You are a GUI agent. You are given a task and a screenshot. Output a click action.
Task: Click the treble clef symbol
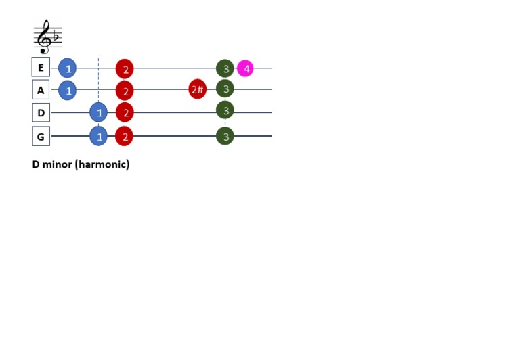[45, 37]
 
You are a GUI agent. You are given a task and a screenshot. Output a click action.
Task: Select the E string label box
[41, 67]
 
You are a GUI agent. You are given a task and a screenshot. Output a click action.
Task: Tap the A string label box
[41, 89]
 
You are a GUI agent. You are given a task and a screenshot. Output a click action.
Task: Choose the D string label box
[41, 112]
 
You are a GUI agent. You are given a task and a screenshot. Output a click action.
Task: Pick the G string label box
[41, 136]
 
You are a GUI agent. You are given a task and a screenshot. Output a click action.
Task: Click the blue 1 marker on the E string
[67, 68]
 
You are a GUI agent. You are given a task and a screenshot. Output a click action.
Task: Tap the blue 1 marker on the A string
[67, 89]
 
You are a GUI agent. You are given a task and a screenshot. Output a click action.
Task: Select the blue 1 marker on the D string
[99, 112]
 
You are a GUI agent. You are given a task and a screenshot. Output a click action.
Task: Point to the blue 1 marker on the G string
[99, 136]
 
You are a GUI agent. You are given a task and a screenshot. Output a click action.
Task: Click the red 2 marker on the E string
[125, 68]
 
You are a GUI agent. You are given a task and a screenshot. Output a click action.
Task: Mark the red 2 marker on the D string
[125, 112]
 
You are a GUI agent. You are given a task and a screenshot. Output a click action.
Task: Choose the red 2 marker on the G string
[124, 136]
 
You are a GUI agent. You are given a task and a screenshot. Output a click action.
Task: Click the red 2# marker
[197, 89]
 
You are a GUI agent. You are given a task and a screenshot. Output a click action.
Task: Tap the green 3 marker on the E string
[225, 68]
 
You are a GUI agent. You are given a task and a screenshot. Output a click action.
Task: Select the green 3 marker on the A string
[225, 89]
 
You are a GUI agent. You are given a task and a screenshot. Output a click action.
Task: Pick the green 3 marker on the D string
[225, 110]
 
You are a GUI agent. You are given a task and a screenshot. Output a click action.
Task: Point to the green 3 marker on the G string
[225, 136]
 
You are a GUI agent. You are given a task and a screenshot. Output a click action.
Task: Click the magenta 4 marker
[246, 68]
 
